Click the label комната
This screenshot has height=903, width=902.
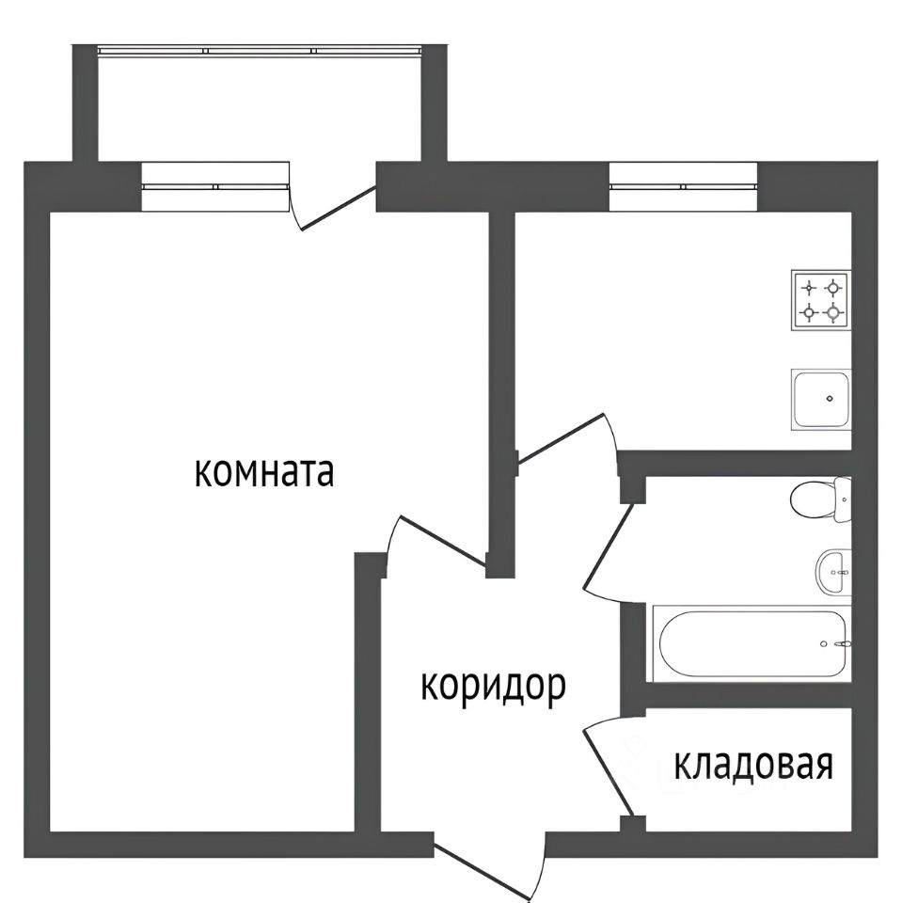pyautogui.click(x=264, y=472)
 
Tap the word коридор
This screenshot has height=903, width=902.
pyautogui.click(x=492, y=688)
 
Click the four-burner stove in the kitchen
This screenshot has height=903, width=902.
pyautogui.click(x=820, y=299)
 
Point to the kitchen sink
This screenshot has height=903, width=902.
pyautogui.click(x=820, y=399)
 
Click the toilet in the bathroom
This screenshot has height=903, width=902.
pyautogui.click(x=820, y=498)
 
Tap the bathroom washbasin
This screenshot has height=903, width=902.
pyautogui.click(x=832, y=571)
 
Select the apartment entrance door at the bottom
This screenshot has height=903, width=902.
pyautogui.click(x=498, y=861)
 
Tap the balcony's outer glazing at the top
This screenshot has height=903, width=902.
pyautogui.click(x=261, y=50)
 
